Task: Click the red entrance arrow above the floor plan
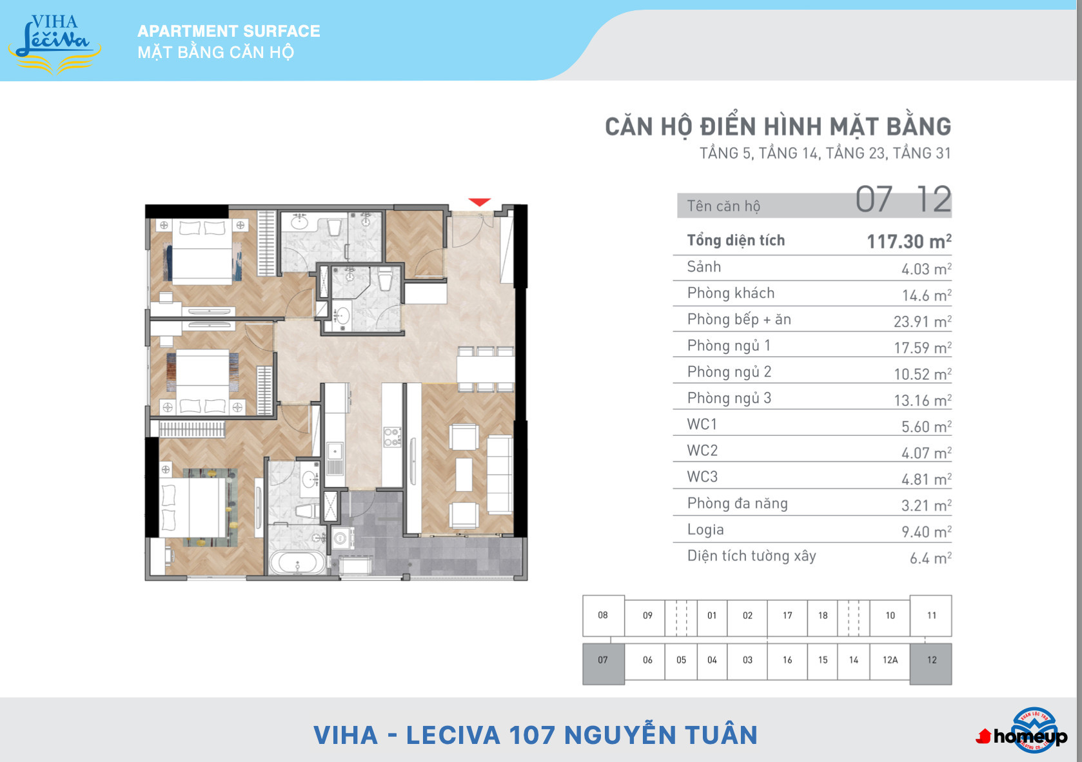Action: tap(479, 202)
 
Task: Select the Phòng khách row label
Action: tap(731, 293)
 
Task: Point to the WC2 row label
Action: tap(702, 451)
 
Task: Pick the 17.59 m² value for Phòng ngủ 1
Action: tap(923, 347)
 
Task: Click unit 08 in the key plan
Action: tap(603, 615)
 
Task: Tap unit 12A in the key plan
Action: tap(890, 660)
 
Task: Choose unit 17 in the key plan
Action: tap(787, 616)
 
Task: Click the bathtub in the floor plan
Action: tap(297, 563)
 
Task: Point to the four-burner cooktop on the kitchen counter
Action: tap(392, 437)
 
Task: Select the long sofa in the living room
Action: tap(500, 474)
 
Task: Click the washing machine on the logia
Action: tap(341, 538)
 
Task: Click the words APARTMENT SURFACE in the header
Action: tap(228, 31)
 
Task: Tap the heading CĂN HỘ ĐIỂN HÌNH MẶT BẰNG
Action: tap(778, 127)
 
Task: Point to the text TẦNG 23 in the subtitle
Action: tap(855, 153)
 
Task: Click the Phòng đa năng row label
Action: tap(737, 503)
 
